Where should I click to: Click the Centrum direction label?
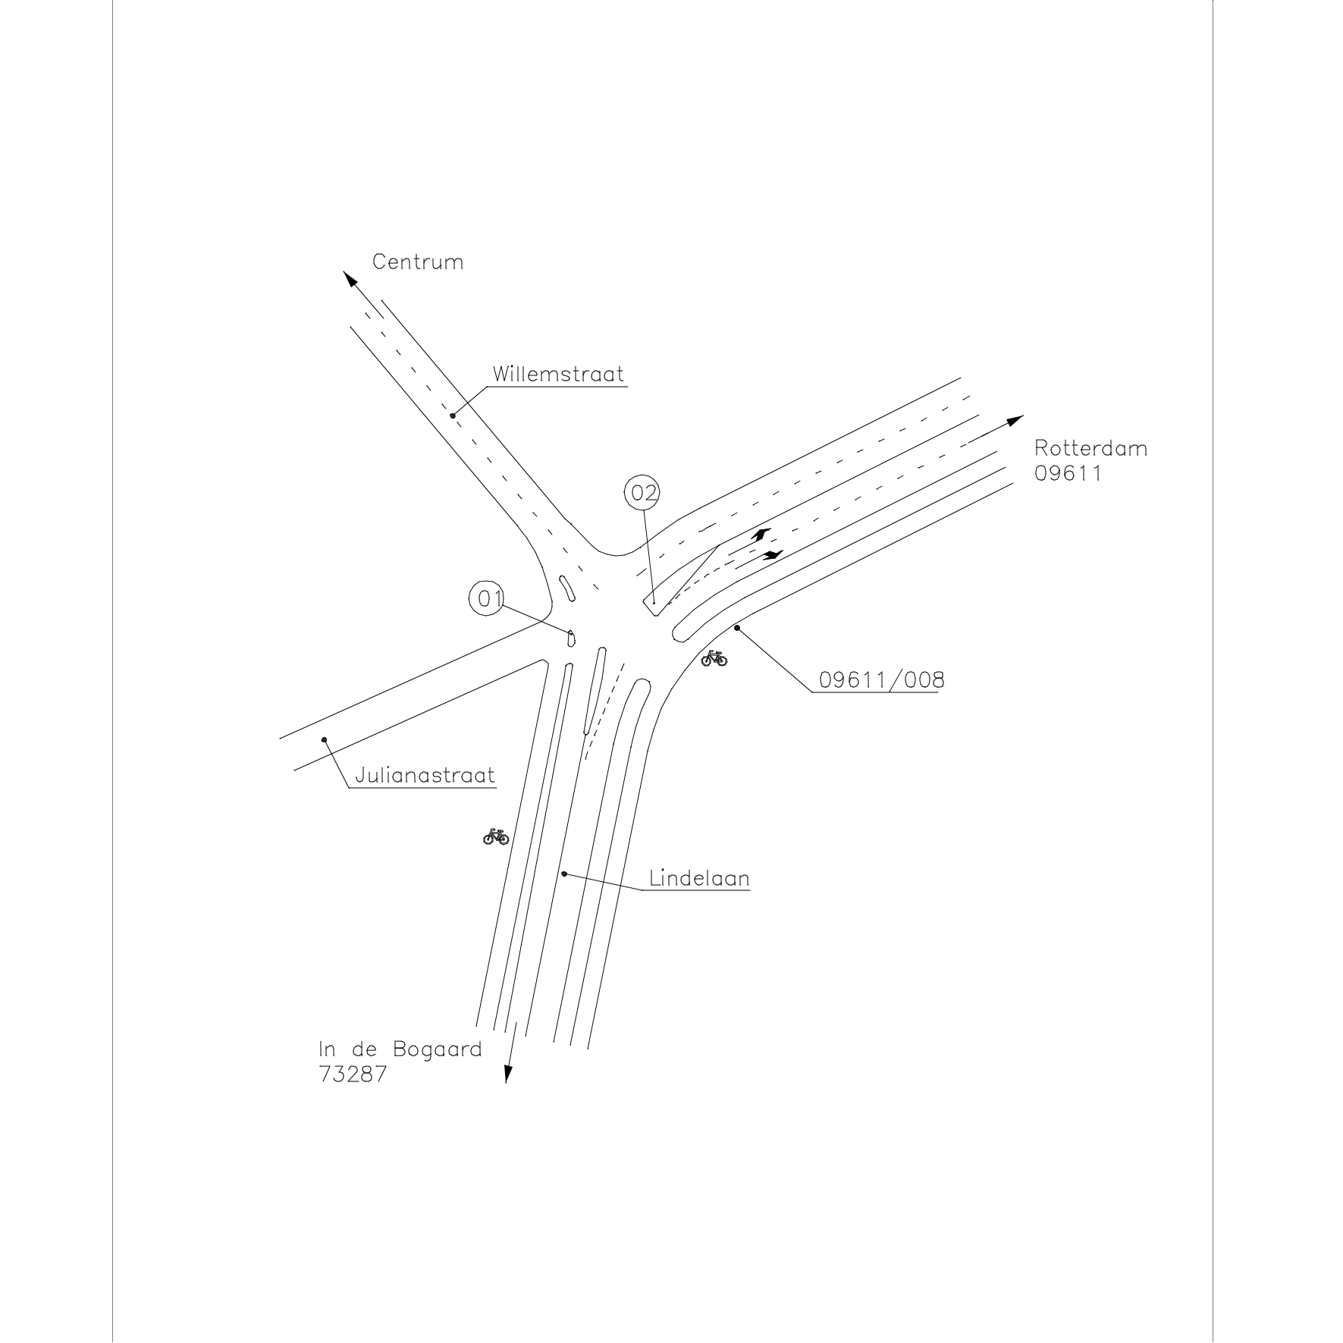(x=417, y=262)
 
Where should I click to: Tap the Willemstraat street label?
(x=558, y=374)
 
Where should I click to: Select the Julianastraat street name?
(x=425, y=776)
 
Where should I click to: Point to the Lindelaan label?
(x=699, y=878)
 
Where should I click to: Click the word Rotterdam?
(x=1090, y=448)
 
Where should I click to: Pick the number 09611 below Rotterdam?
(x=1068, y=473)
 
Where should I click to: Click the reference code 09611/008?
(x=882, y=680)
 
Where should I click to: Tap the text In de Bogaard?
(x=400, y=1050)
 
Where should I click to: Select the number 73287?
(x=353, y=1075)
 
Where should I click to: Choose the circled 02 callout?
(x=642, y=494)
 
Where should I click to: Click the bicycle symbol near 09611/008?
(x=714, y=658)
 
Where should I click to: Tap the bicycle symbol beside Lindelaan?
(x=496, y=836)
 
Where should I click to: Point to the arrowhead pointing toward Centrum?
(x=350, y=278)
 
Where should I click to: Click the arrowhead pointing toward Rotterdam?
(x=1015, y=420)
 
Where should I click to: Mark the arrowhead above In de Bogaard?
(x=509, y=1074)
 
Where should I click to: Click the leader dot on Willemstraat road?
(x=453, y=416)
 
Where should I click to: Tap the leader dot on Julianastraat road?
(x=325, y=739)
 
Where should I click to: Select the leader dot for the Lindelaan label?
(x=564, y=874)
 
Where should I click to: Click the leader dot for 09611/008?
(x=736, y=628)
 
